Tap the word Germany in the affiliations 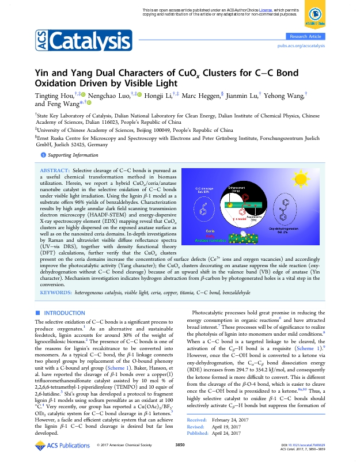click(x=96, y=145)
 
